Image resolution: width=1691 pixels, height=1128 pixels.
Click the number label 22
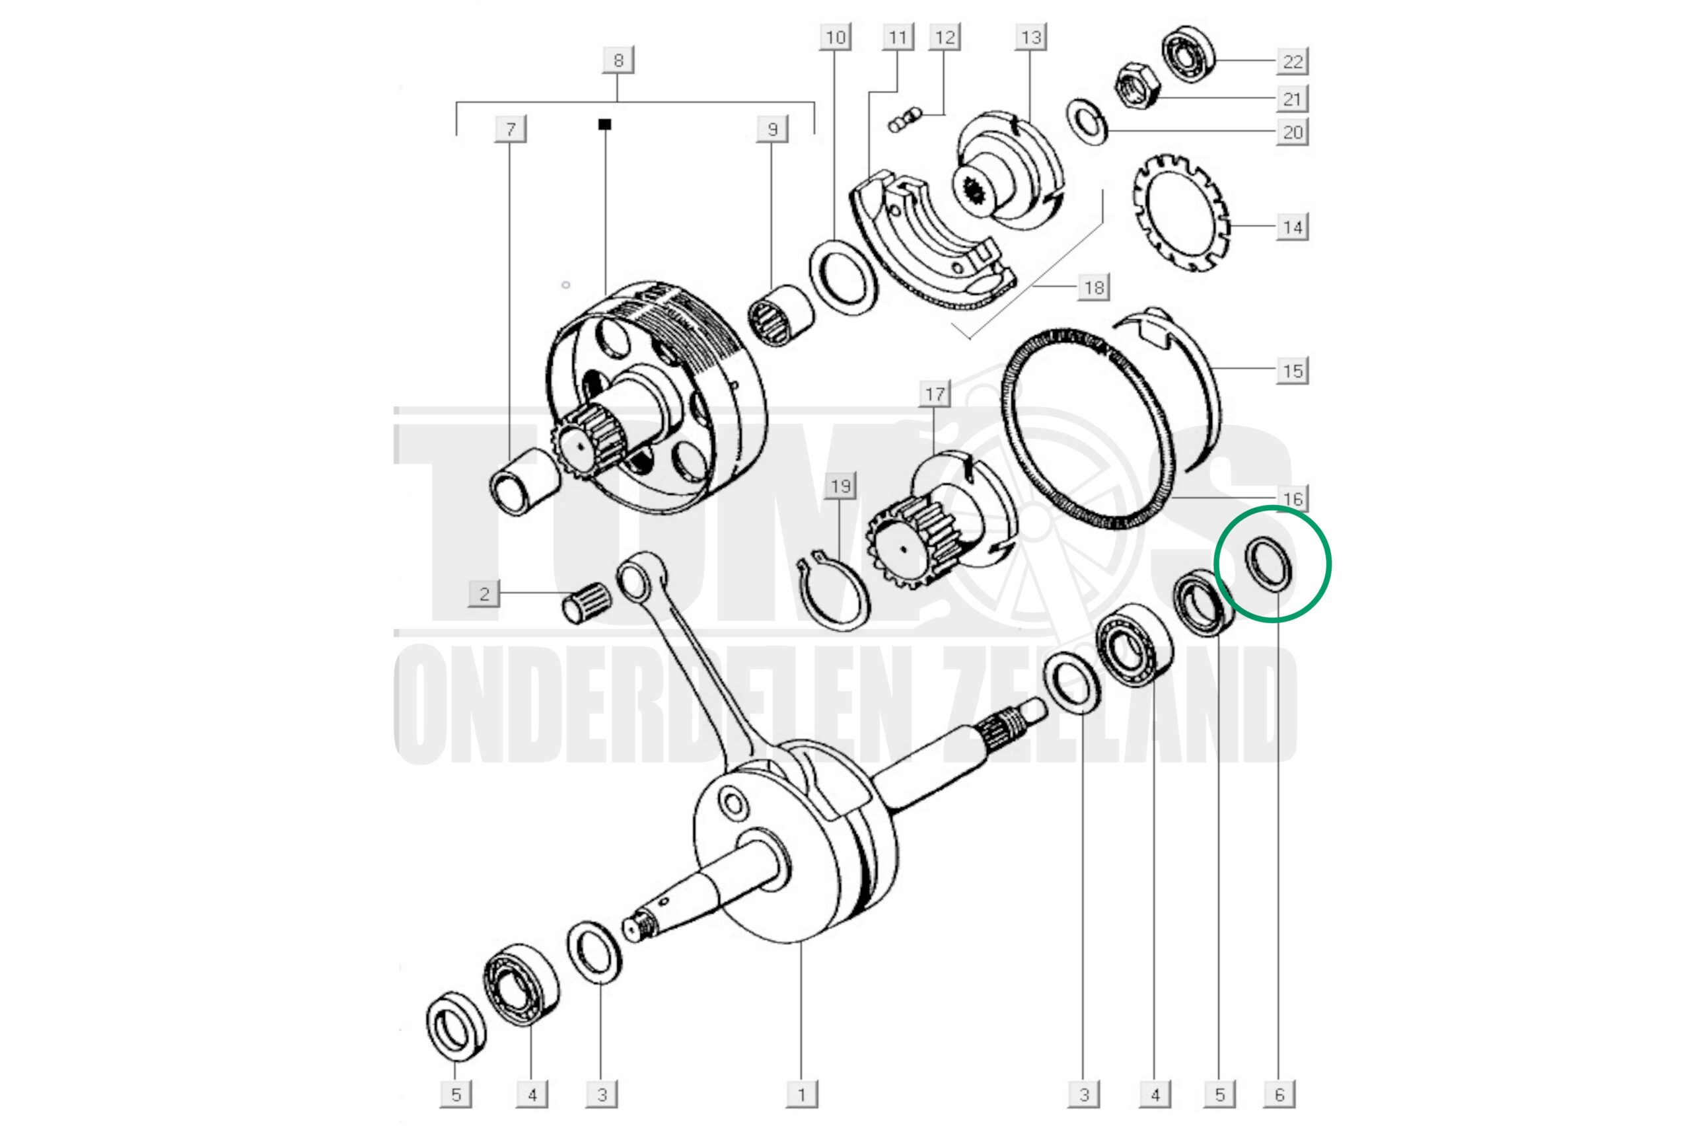[1293, 61]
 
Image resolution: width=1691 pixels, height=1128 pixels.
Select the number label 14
[1293, 227]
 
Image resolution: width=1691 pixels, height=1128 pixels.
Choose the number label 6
[1279, 1094]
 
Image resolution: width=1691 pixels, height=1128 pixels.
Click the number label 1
[802, 1094]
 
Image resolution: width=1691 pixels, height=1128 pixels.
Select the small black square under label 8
[604, 124]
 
